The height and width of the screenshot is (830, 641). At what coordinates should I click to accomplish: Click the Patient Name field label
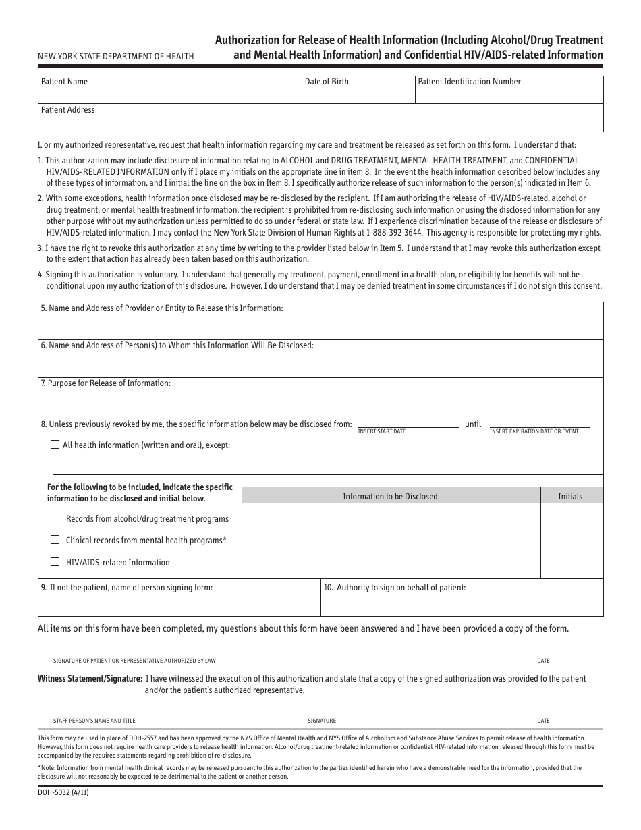(64, 82)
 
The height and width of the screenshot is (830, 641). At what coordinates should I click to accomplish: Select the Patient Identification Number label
(469, 82)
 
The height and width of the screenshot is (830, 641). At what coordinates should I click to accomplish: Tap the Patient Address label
(67, 110)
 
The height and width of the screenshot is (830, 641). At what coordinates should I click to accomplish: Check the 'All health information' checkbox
(55, 445)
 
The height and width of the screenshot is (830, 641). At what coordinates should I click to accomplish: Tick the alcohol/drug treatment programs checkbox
(55, 518)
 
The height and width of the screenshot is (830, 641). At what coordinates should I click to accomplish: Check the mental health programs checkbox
(55, 540)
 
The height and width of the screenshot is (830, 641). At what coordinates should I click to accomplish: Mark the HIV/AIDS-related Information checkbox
(55, 562)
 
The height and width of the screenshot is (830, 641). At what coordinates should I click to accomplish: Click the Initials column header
(569, 496)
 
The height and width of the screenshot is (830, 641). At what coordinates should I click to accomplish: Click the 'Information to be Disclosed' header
(390, 496)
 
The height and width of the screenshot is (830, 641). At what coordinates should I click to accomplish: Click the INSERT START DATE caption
(381, 431)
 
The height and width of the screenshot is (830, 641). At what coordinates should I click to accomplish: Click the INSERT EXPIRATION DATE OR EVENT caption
(534, 431)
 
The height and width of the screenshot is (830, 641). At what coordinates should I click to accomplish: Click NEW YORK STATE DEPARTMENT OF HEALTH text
(115, 57)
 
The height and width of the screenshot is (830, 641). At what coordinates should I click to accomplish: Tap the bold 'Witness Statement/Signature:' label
(90, 678)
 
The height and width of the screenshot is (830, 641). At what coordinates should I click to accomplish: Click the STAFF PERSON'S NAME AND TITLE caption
(94, 721)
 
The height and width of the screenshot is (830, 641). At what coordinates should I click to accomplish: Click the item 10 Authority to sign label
(395, 588)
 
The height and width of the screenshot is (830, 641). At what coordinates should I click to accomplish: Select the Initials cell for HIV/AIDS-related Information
(572, 565)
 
